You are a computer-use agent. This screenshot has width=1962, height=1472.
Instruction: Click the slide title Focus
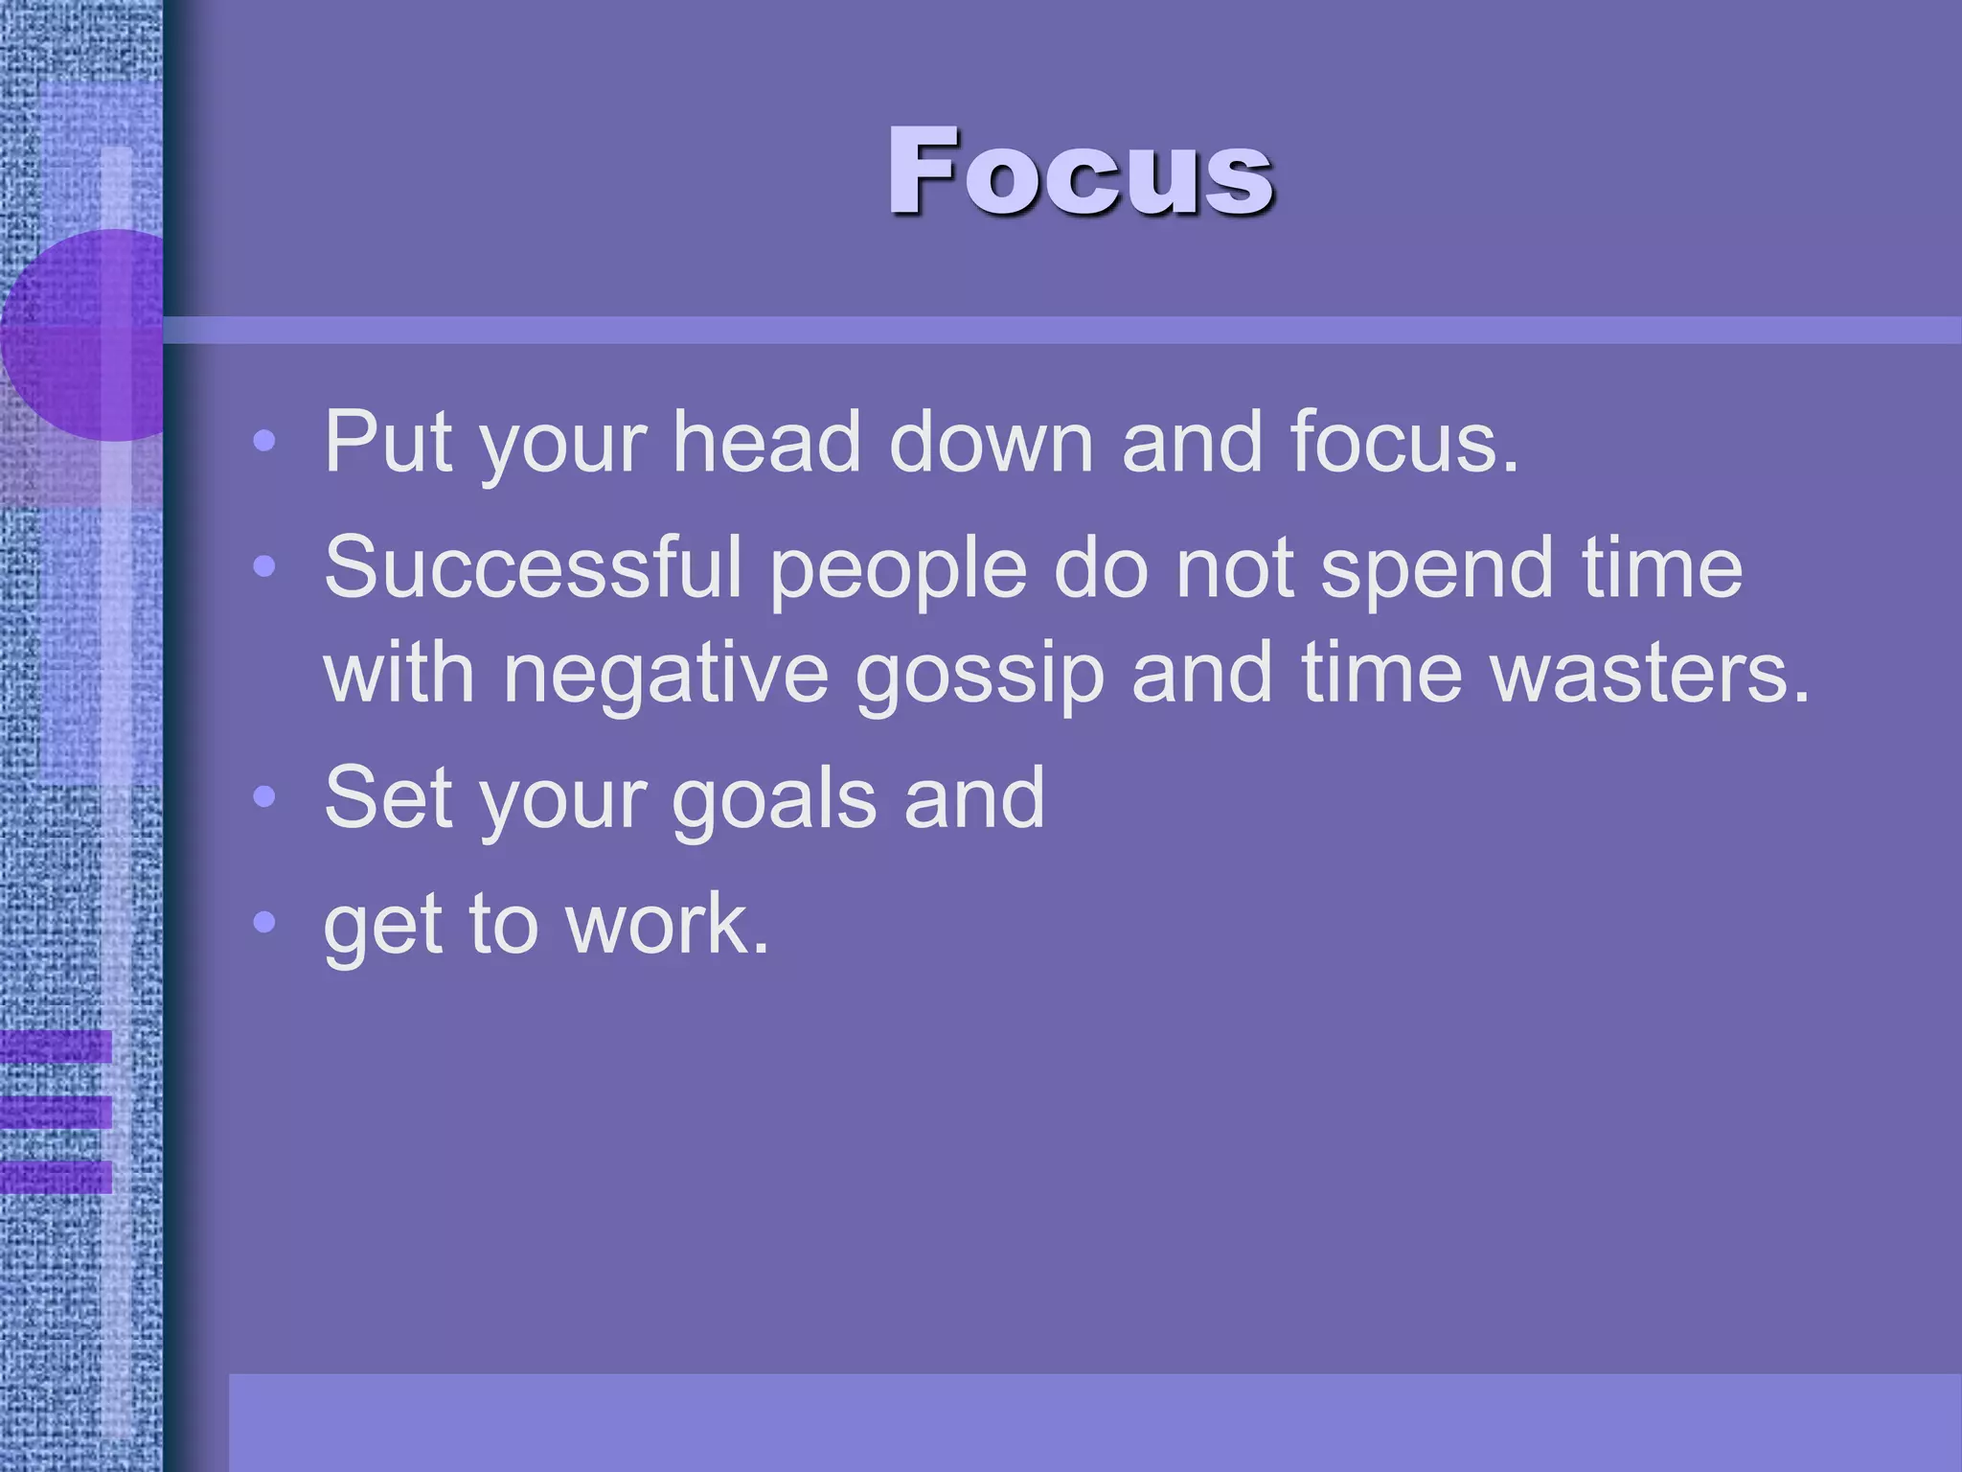click(x=1080, y=172)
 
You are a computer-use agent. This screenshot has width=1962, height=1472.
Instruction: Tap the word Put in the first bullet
click(x=387, y=442)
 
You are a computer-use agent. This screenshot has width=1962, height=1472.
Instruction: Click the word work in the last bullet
click(x=668, y=924)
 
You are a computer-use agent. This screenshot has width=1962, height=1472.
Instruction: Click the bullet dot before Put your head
click(x=264, y=442)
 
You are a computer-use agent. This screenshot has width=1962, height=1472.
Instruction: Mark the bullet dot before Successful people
click(x=264, y=567)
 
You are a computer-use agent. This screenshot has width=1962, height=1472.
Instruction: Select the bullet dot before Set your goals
click(x=264, y=797)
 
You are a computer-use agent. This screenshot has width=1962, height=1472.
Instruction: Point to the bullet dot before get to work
click(x=264, y=923)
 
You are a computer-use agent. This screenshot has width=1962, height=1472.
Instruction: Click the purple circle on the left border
click(x=86, y=335)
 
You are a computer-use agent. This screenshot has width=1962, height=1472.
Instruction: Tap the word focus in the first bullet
click(x=1403, y=442)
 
